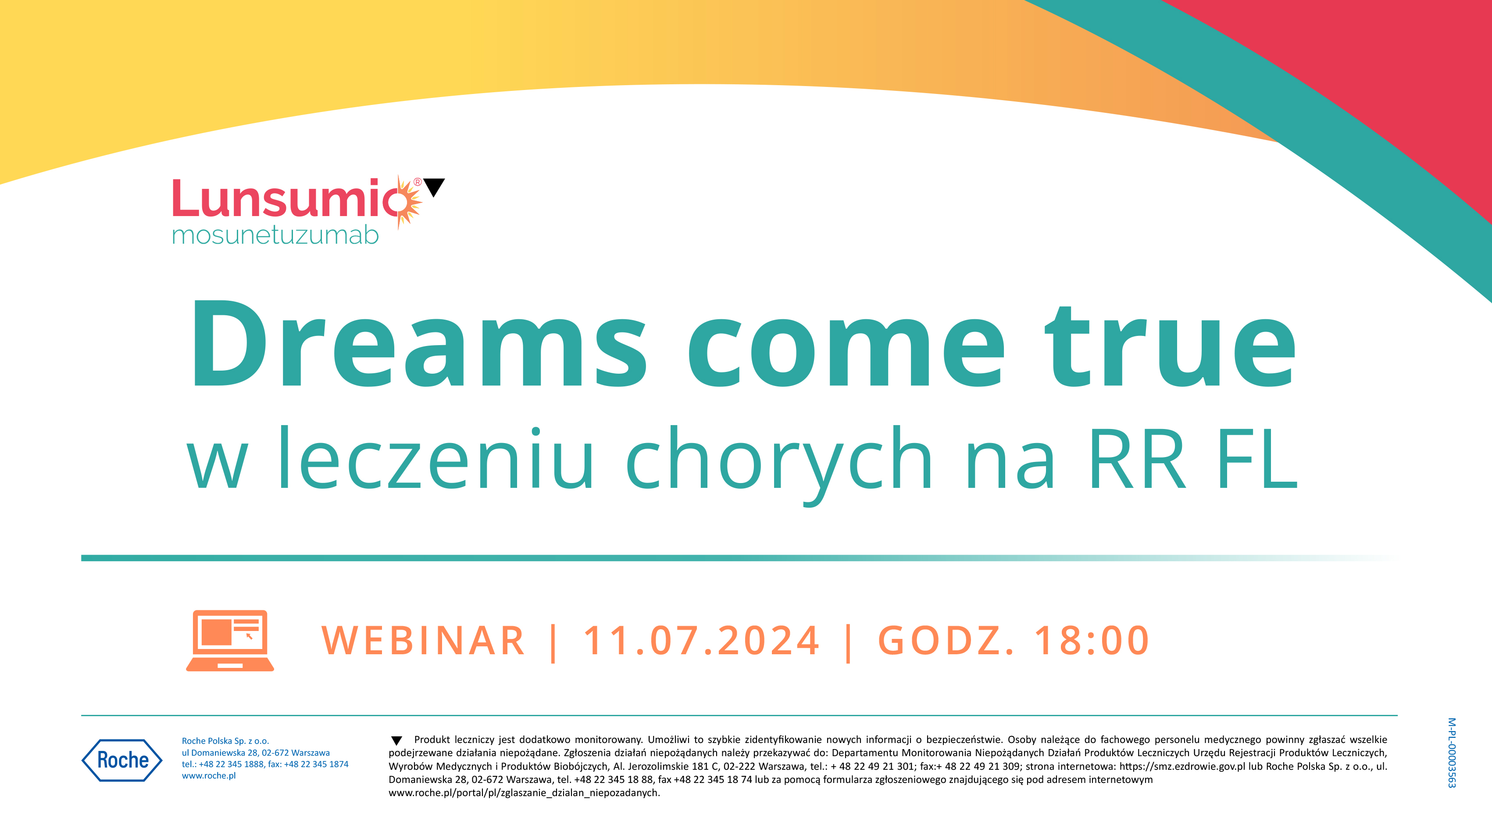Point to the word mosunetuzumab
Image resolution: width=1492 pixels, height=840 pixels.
275,235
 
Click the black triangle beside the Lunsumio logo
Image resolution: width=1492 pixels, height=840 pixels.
434,187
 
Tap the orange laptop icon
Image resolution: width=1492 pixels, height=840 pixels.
230,641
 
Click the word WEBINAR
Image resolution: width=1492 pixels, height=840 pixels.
423,641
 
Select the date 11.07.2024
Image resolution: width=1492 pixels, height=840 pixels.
701,641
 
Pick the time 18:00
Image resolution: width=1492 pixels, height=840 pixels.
1092,641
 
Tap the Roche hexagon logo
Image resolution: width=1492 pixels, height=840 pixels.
122,760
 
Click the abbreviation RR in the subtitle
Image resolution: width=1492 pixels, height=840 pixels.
1136,459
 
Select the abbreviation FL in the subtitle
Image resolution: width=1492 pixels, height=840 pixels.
1257,459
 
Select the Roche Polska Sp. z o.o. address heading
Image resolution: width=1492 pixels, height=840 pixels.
225,741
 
